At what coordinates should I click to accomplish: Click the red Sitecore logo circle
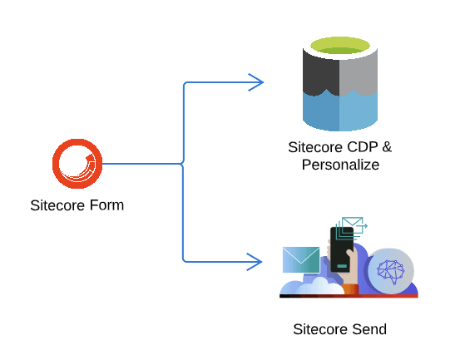[55, 164]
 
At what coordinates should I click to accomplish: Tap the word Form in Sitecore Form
[106, 205]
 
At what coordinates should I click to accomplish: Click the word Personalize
[340, 165]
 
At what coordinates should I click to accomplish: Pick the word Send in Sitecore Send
[369, 329]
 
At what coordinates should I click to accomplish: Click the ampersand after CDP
[387, 147]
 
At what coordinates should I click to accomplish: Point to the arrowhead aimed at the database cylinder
[256, 82]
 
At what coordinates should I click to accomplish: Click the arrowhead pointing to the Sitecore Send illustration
[255, 262]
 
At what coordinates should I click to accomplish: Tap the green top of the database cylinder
[340, 46]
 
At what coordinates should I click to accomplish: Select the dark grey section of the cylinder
[320, 74]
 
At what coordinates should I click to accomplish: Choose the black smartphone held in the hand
[342, 249]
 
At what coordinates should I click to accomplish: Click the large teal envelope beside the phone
[301, 259]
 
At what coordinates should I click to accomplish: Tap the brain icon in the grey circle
[391, 271]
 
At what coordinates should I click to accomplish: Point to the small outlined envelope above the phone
[353, 224]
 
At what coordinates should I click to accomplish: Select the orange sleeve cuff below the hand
[350, 289]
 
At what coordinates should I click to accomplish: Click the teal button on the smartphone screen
[342, 266]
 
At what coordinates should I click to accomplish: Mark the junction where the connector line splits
[183, 164]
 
